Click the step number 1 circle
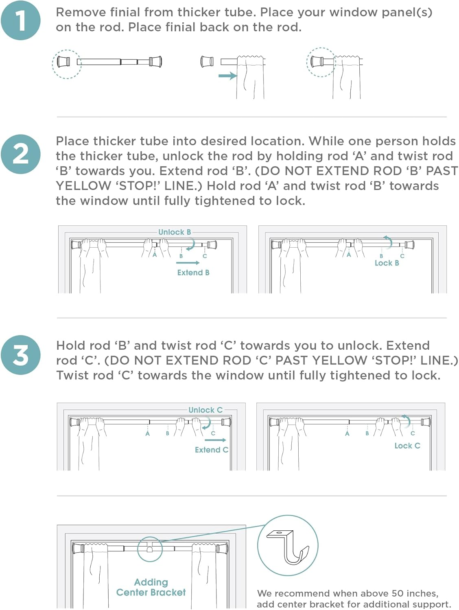coord(21,20)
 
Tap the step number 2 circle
coord(21,154)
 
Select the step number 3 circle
coord(21,355)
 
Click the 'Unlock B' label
coord(175,232)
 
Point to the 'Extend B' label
coord(193,272)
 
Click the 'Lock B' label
coord(387,263)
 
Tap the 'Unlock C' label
coord(205,410)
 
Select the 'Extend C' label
coord(211,450)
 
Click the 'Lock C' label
coord(407,446)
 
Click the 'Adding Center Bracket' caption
coord(151,587)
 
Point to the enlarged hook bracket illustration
coord(288,545)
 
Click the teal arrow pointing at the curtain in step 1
coord(227,76)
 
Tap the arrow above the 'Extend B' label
coord(188,263)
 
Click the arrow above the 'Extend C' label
coord(215,440)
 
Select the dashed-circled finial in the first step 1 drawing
coord(67,63)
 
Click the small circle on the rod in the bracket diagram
coord(150,549)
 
